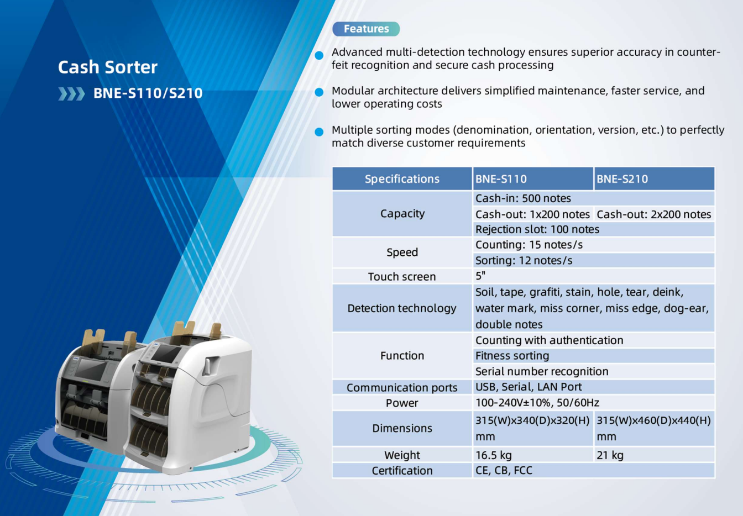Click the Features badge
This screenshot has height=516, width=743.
[x=366, y=29]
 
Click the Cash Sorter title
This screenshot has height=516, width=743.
[x=107, y=67]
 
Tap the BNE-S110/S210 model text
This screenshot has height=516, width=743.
[x=148, y=93]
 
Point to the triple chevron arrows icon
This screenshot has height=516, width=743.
[x=71, y=94]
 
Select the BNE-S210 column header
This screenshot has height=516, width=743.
[x=654, y=179]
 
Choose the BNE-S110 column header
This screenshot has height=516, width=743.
[x=533, y=179]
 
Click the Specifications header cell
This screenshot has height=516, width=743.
[x=402, y=179]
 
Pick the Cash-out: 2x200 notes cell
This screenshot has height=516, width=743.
[x=654, y=214]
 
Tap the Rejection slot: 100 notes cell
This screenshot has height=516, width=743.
[x=593, y=229]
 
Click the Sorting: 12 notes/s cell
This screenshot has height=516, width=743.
[x=593, y=260]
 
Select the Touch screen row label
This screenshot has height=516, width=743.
[x=402, y=276]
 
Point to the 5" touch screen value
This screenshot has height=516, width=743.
[x=480, y=276]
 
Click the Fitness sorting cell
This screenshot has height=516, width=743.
[x=593, y=356]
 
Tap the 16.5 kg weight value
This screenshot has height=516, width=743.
[x=494, y=455]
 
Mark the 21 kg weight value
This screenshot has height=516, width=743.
[x=610, y=455]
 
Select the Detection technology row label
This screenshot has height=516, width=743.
[x=402, y=308]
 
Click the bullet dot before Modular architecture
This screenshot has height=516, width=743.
[x=319, y=92]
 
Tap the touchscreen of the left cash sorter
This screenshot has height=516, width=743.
[x=90, y=370]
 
